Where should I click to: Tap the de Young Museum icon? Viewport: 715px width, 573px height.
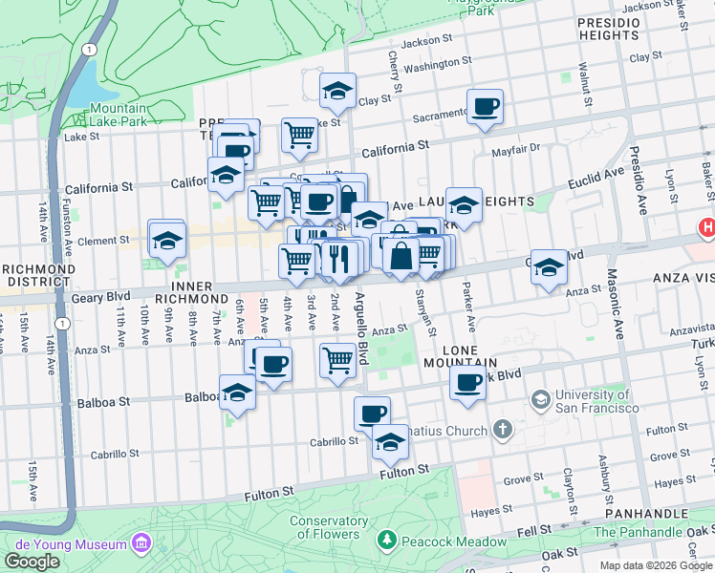[142, 543]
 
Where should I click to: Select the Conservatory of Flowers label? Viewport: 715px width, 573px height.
[329, 528]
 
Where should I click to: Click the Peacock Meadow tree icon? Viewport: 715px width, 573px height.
[386, 541]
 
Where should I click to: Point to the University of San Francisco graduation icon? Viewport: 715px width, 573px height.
[540, 397]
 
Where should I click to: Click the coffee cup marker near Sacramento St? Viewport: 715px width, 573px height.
[485, 107]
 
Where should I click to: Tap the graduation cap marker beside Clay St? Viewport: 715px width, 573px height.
[337, 92]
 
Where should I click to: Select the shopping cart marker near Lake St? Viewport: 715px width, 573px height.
[300, 135]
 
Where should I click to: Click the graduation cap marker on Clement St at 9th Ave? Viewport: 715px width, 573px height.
[166, 241]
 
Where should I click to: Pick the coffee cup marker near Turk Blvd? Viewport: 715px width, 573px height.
[467, 383]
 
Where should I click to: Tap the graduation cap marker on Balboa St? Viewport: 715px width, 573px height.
[238, 393]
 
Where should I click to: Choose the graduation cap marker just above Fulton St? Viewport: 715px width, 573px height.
[390, 442]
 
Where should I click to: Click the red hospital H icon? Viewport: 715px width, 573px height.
[706, 227]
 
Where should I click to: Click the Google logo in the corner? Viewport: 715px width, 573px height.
[32, 562]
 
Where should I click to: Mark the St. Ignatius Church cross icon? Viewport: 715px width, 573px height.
[504, 431]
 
